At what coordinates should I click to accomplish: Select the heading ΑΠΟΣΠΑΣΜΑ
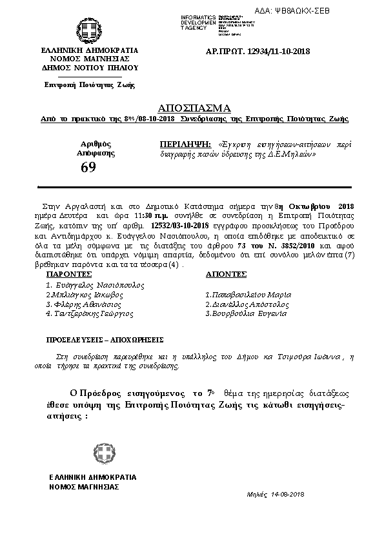[194, 107]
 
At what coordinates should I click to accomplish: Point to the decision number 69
[88, 168]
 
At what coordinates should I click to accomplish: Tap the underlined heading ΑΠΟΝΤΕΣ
[226, 273]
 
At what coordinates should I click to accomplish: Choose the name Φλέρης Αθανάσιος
[84, 304]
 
